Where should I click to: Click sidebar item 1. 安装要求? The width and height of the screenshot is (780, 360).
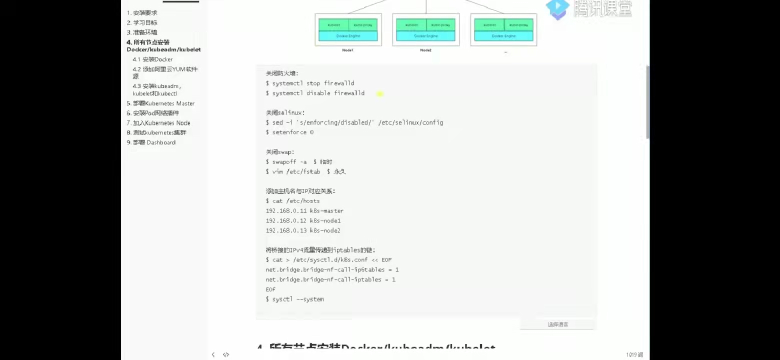[142, 13]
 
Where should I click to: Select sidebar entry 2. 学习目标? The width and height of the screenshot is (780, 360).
[142, 22]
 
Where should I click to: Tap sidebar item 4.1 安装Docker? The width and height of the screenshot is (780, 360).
[152, 59]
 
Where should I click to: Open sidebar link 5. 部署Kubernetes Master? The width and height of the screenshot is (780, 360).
[160, 103]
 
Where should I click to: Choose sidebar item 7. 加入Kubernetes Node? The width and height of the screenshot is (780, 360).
[158, 123]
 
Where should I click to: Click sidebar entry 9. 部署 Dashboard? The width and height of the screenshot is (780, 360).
[151, 142]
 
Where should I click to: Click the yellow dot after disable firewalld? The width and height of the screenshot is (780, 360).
[380, 93]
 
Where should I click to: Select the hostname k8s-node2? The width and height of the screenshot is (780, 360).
[325, 230]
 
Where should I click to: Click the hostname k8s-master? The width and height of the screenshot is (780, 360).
[326, 211]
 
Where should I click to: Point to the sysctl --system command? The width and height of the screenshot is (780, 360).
[298, 299]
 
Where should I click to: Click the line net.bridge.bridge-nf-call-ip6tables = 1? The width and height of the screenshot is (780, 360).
[332, 270]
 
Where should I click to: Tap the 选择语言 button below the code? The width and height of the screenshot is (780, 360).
[557, 324]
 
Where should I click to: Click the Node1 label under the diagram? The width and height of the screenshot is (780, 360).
[347, 50]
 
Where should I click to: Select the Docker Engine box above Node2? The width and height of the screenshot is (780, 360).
[425, 36]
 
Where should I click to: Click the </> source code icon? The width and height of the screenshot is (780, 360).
[226, 354]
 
